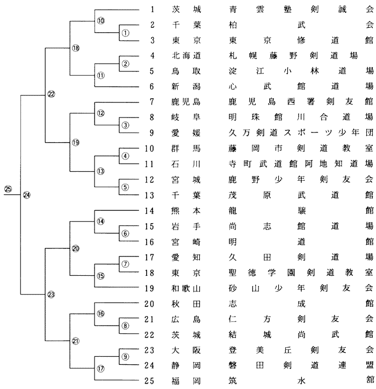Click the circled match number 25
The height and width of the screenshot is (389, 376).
point(8,188)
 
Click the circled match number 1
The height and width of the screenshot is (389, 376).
point(125,32)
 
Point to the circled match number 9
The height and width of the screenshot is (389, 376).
point(125,357)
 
